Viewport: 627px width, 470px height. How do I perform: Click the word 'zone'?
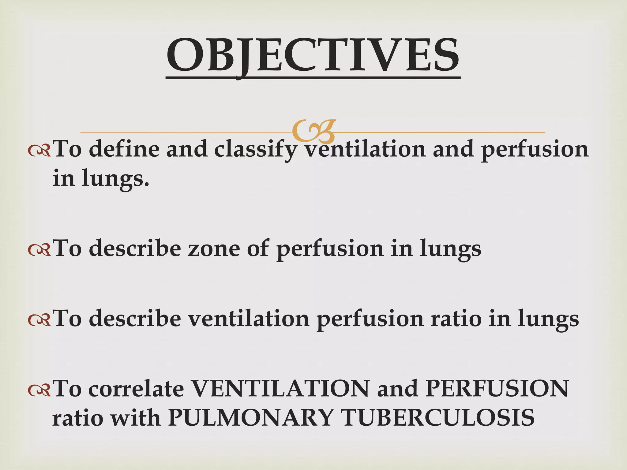214,248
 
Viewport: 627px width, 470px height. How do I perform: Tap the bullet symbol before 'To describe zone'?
39,250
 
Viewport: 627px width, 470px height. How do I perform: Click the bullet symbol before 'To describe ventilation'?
39,320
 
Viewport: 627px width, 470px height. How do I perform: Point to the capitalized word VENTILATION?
280,389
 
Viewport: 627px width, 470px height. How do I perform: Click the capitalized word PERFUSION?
497,389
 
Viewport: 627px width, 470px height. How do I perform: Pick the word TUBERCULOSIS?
438,418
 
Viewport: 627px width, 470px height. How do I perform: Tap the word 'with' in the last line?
135,418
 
